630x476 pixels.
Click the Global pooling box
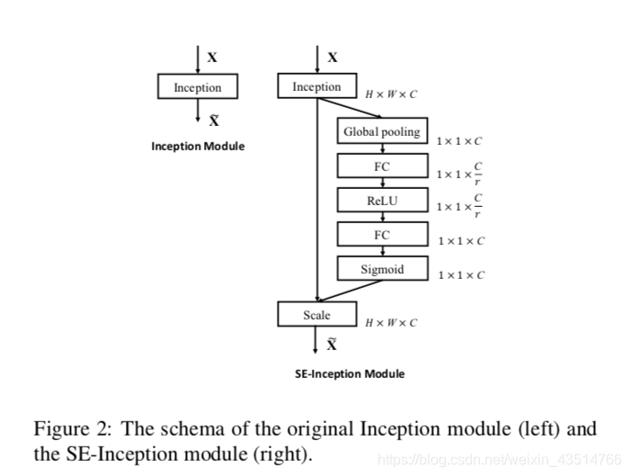click(x=382, y=130)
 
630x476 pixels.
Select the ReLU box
click(x=382, y=200)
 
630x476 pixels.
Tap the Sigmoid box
click(x=382, y=268)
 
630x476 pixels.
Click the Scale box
click(x=317, y=314)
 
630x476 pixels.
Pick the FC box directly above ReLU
click(x=382, y=166)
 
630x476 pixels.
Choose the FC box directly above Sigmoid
click(x=382, y=234)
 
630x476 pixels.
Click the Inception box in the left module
click(x=198, y=86)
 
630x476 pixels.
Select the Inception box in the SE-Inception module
click(x=317, y=85)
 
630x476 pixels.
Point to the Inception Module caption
click(x=198, y=146)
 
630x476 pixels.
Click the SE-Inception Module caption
click(x=350, y=373)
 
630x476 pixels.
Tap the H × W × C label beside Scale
click(x=391, y=323)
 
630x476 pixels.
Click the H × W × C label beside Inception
click(x=391, y=94)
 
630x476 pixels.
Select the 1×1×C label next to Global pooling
click(x=459, y=141)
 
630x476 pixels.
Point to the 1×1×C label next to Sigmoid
click(x=461, y=275)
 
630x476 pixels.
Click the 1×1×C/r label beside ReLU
click(x=459, y=206)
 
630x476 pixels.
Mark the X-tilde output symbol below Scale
click(x=332, y=344)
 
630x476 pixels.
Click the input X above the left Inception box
click(x=212, y=58)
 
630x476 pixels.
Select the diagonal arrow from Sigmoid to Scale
click(x=350, y=291)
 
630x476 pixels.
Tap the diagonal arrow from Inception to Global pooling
click(x=350, y=108)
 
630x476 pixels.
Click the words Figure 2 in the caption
click(x=72, y=429)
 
